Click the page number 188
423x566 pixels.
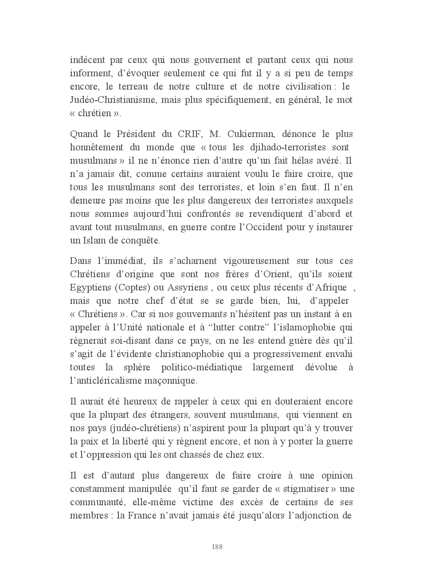coord(217,547)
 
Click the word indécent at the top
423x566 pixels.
coord(86,60)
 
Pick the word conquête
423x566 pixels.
coord(141,240)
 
